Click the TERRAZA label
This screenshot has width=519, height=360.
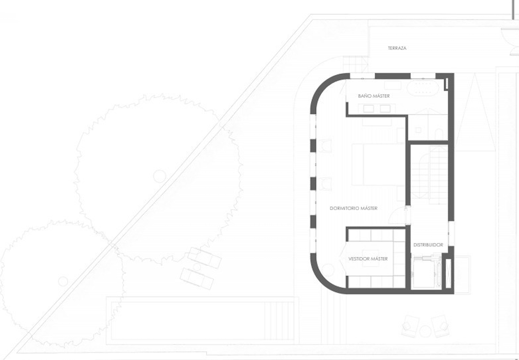pos(397,48)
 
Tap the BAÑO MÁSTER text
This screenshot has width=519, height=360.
pos(374,96)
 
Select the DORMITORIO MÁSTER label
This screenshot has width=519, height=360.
pos(354,208)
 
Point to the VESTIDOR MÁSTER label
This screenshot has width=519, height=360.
pos(368,259)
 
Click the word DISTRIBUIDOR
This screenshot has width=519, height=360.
pos(428,245)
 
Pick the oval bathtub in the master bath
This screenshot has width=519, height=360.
pos(423,88)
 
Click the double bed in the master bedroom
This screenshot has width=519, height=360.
pos(379,165)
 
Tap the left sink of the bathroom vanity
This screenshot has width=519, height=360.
pos(368,109)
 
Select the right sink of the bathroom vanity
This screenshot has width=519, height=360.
pos(385,109)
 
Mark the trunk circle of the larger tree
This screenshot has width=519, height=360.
pos(160,176)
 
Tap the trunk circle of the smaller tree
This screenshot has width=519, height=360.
pos(63,282)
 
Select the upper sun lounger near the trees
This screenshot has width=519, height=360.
pos(204,258)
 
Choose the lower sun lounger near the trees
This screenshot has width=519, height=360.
pos(197,279)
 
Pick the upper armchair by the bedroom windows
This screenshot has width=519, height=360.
pos(325,146)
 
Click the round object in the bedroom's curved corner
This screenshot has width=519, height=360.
pos(328,270)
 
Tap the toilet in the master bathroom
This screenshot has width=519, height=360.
pos(439,134)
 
